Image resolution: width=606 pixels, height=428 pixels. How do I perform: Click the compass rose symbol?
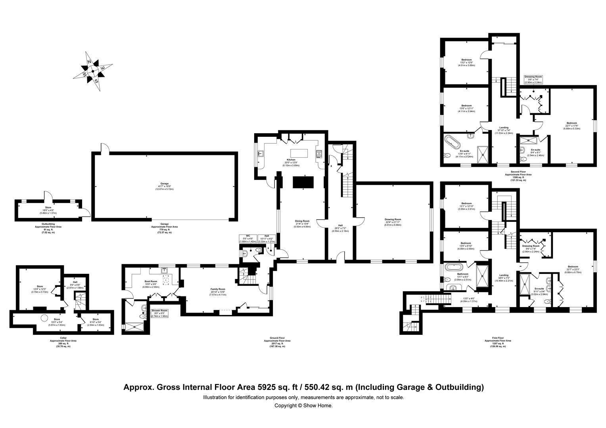pyautogui.click(x=92, y=72)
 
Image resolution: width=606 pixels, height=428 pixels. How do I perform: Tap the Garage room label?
pyautogui.click(x=165, y=186)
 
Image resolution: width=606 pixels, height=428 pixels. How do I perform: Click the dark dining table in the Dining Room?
pyautogui.click(x=303, y=182)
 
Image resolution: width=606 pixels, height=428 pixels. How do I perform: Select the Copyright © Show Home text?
pyautogui.click(x=303, y=405)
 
